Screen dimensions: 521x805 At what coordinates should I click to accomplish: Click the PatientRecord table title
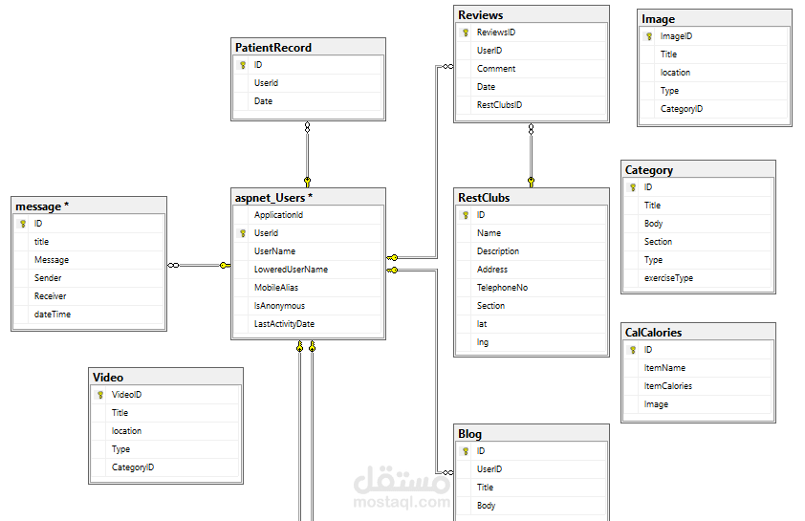pos(273,47)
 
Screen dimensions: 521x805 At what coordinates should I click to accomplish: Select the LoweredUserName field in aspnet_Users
pos(291,270)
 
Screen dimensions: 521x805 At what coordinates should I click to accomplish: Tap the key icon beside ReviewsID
pos(465,33)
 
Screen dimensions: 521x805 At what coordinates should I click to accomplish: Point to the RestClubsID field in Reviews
pos(499,105)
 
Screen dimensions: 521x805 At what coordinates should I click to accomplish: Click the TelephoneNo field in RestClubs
pos(502,288)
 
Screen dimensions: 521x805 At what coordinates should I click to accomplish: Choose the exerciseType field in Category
pos(668,278)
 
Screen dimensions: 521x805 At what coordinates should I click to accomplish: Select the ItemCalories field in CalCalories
pos(667,386)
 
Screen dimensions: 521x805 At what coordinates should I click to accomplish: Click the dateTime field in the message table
pos(53,315)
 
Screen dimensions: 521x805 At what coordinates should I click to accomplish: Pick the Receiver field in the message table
pos(51,296)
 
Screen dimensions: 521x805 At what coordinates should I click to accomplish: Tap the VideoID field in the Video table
pos(127,395)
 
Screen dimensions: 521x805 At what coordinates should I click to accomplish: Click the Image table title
pos(658,19)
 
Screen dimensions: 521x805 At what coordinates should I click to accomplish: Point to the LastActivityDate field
pos(284,324)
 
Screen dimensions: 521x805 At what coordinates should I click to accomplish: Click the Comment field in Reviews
pos(496,69)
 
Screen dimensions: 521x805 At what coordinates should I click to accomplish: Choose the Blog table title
pos(469,434)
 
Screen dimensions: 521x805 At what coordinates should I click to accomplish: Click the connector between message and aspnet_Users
pos(200,265)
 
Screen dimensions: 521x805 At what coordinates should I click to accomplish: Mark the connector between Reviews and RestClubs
pos(531,153)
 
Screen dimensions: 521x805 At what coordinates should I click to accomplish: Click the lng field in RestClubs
pos(483,342)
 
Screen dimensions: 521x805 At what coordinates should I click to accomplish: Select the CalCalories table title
pos(653,333)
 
